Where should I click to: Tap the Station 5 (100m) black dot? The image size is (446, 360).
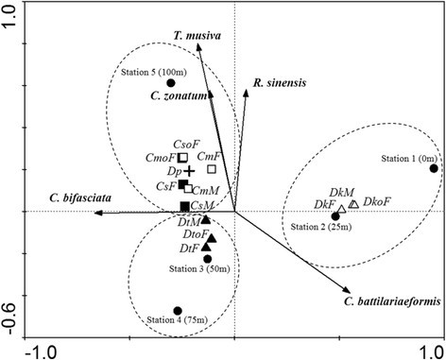pos(172,83)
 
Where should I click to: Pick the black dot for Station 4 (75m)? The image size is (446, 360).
pos(178,310)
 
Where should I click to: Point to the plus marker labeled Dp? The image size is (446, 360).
pos(189,171)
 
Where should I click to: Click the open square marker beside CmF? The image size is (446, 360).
pos(212,169)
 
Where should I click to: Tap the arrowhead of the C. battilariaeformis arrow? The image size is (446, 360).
pos(348,289)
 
